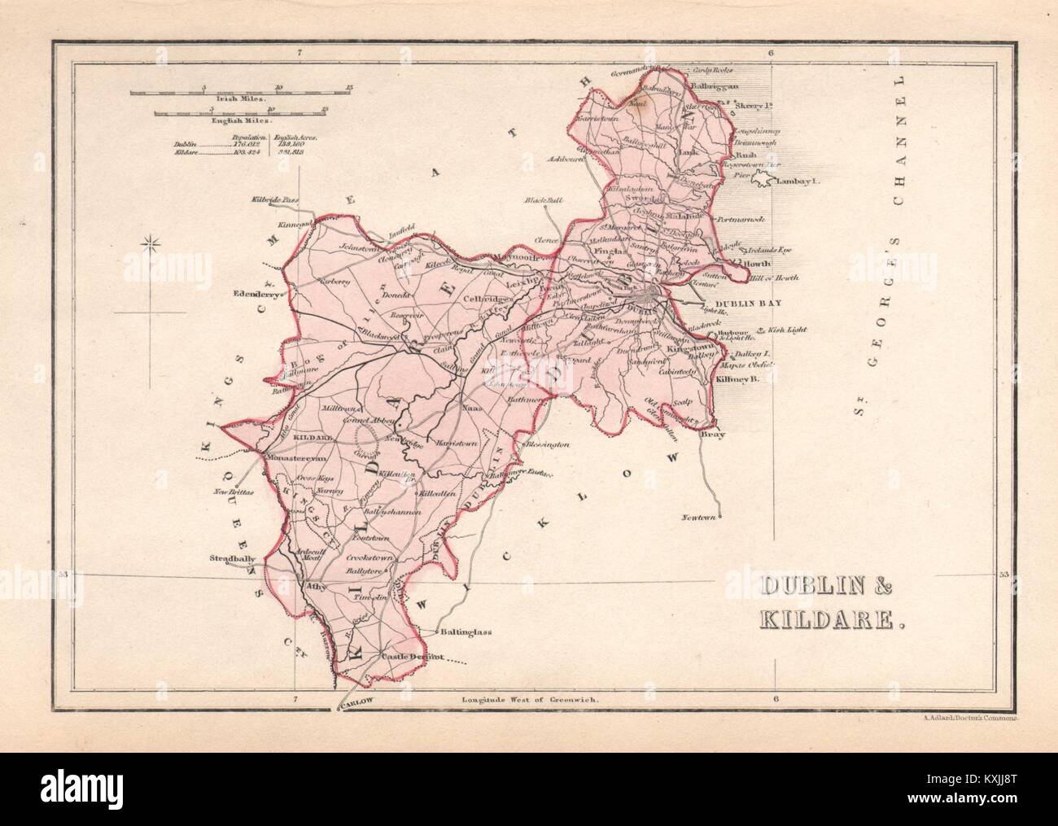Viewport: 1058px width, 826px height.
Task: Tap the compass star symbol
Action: pos(149,241)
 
